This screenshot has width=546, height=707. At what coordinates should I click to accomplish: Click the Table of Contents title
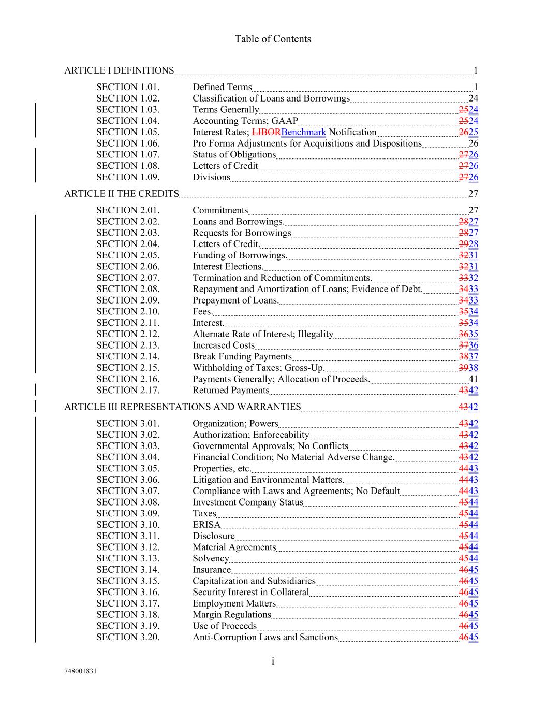(x=273, y=39)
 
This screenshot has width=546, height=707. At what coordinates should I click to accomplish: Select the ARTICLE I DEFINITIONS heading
(x=119, y=70)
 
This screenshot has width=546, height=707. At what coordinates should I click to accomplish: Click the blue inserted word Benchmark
(x=304, y=132)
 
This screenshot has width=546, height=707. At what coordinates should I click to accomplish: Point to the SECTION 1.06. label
(x=128, y=143)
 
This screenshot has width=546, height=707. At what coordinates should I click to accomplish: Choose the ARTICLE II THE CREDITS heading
(x=121, y=194)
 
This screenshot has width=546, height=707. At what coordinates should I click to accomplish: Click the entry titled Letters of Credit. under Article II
(x=226, y=244)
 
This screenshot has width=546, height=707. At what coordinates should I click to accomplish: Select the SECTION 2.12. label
(x=128, y=334)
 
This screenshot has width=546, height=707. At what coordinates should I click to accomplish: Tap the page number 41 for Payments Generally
(x=473, y=379)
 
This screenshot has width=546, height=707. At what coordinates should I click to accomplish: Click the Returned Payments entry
(x=231, y=391)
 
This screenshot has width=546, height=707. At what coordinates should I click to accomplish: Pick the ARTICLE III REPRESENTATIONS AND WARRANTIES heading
(x=182, y=407)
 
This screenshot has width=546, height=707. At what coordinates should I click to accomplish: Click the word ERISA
(x=206, y=525)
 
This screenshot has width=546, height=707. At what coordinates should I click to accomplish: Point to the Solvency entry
(x=211, y=558)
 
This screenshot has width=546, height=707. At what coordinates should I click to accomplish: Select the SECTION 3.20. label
(x=128, y=637)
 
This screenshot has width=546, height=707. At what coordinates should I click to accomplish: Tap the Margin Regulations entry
(x=232, y=615)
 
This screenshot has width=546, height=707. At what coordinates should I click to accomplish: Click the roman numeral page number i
(x=272, y=661)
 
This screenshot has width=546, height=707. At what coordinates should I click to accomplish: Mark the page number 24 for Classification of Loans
(x=473, y=98)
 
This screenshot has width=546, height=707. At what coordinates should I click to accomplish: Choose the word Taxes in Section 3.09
(x=204, y=513)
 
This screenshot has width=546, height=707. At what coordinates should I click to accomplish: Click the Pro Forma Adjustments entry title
(x=307, y=143)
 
